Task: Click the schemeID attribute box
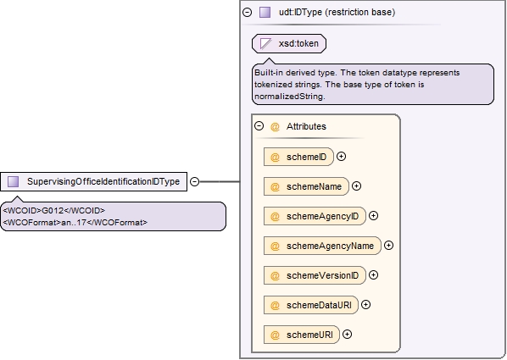point(298,157)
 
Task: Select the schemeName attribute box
point(306,186)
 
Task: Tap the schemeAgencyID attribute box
point(315,216)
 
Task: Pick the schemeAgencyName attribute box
point(322,246)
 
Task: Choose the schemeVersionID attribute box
point(315,275)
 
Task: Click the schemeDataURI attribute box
point(311,306)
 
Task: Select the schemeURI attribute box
point(302,335)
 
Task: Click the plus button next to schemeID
point(341,157)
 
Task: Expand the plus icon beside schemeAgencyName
point(388,246)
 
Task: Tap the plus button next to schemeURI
point(347,335)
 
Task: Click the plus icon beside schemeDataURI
point(365,305)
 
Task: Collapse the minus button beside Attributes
point(259,125)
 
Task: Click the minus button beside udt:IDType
point(247,12)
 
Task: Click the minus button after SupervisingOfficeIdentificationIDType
point(194,181)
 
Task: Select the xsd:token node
point(289,44)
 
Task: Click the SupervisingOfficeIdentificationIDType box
point(94,181)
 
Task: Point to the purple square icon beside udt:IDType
point(265,12)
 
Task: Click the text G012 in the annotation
point(53,211)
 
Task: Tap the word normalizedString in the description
point(289,97)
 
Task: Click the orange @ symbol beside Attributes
point(275,127)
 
